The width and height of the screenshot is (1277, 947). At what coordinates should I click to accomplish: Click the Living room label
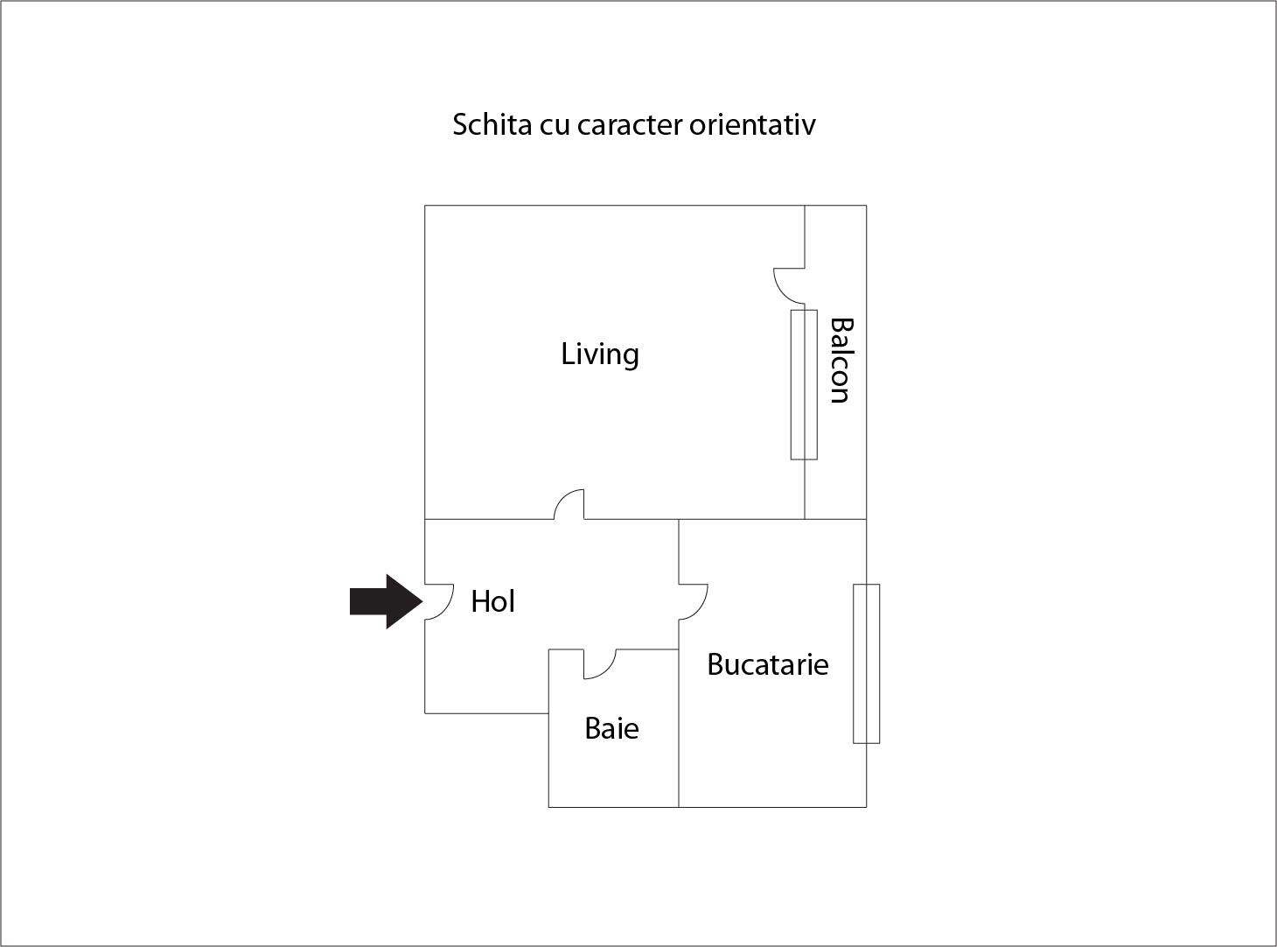click(x=600, y=354)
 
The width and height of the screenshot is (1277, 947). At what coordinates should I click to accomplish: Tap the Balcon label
click(x=841, y=361)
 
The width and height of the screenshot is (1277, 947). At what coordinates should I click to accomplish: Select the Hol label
click(x=492, y=601)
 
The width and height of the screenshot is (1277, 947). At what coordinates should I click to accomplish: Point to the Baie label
click(x=611, y=728)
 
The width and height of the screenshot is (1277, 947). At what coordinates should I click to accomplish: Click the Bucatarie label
click(x=767, y=664)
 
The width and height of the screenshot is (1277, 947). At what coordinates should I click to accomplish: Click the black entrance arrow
click(x=387, y=601)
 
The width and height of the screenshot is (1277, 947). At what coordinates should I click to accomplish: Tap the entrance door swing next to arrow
click(x=439, y=602)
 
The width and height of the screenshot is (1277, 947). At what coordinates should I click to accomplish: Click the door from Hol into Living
click(x=569, y=504)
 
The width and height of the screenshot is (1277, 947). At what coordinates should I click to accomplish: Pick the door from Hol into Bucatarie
click(x=694, y=602)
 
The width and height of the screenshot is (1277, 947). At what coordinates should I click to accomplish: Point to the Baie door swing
click(x=600, y=664)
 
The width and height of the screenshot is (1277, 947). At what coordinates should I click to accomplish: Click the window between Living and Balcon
click(x=804, y=384)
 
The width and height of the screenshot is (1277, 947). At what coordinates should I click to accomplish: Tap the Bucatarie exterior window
click(x=866, y=663)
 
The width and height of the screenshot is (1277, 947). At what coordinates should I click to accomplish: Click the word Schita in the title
click(x=492, y=124)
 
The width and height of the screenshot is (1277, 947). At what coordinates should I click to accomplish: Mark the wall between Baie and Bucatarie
click(x=679, y=728)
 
